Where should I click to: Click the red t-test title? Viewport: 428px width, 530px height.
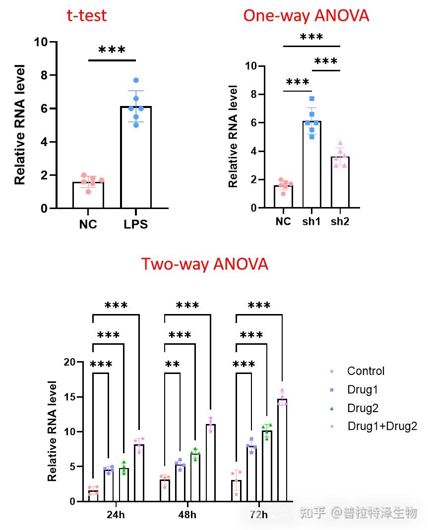[x=87, y=15]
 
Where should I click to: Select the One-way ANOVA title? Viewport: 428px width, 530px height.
[x=306, y=15]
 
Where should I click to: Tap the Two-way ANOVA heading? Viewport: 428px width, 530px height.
[x=204, y=264]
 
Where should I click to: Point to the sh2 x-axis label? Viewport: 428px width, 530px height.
[x=340, y=221]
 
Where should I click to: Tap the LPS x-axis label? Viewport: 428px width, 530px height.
[x=135, y=224]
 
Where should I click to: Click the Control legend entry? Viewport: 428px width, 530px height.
[x=366, y=371]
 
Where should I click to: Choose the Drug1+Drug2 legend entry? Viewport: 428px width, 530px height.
[x=382, y=426]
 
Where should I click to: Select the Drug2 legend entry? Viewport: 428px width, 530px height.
[x=363, y=408]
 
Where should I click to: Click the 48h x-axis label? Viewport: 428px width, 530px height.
[x=187, y=515]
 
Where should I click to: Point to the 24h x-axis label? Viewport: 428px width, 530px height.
[x=116, y=515]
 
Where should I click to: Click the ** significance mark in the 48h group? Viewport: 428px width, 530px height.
[x=172, y=365]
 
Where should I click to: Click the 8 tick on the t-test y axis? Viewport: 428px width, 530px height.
[x=44, y=75]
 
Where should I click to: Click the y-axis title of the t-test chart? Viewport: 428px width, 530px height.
[x=20, y=124]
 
